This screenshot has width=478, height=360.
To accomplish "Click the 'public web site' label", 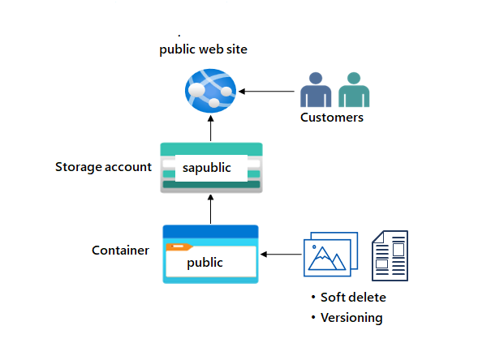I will (203, 49).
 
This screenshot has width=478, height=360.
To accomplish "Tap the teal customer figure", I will (350, 90).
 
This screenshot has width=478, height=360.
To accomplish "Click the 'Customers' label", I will (332, 118).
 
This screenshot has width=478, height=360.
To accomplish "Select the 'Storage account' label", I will (103, 167).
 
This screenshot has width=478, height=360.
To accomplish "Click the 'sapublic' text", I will (206, 168).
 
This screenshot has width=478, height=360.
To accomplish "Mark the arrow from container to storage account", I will (210, 208).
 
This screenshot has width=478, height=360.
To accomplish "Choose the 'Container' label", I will (120, 251).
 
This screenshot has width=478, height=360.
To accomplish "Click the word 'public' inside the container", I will (205, 263).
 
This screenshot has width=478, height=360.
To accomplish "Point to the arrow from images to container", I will (281, 255).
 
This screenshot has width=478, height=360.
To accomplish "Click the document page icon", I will (390, 255).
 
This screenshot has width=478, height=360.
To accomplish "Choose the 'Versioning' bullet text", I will (351, 317).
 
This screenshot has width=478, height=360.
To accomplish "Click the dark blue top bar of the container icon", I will (210, 231).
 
